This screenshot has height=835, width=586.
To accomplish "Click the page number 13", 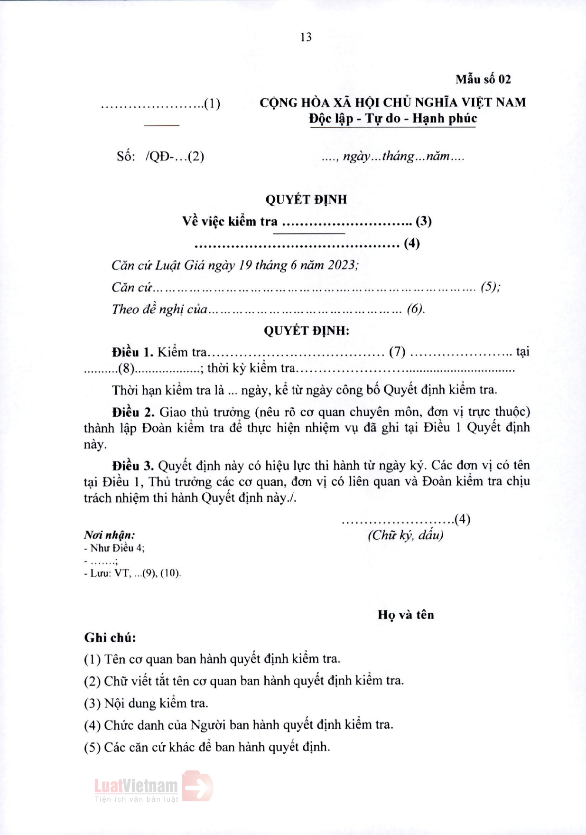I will (x=306, y=37).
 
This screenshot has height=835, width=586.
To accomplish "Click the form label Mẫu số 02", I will (x=483, y=79).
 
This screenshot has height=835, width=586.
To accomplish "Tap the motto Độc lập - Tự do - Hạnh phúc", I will (x=392, y=118).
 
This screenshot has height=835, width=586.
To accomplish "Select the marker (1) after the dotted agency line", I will (x=212, y=103).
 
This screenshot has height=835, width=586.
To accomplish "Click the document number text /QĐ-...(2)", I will (x=175, y=156).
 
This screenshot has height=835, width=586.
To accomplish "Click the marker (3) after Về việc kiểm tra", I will (x=424, y=221).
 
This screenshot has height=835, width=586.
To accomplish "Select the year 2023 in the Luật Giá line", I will (x=341, y=265).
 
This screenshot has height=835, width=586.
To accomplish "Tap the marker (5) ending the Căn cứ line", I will (x=490, y=287).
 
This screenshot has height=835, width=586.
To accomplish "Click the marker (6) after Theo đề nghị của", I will (x=415, y=309).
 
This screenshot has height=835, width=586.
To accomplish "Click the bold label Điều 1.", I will (x=132, y=352).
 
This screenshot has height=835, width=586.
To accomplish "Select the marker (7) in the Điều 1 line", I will (x=397, y=352).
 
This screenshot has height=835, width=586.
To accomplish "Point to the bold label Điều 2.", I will (x=133, y=412).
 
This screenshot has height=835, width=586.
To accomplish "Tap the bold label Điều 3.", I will (x=132, y=466).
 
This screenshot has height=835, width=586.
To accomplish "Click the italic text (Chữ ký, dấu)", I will (x=405, y=535).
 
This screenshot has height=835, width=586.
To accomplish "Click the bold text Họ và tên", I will (x=406, y=615).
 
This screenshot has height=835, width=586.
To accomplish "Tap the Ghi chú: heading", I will (x=110, y=638).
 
